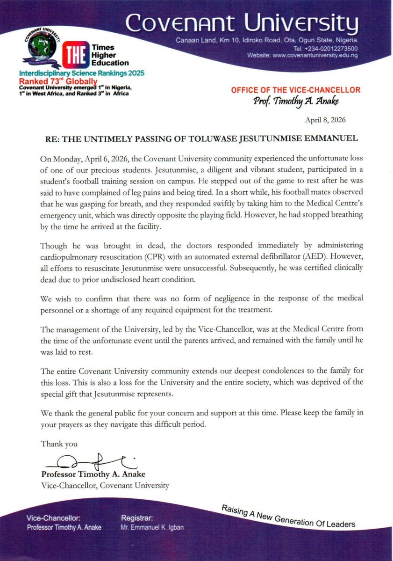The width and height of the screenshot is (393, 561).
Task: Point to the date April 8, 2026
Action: point(327,120)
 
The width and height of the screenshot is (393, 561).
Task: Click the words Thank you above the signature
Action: point(59,444)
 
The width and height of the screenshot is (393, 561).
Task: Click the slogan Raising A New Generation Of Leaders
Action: point(288,516)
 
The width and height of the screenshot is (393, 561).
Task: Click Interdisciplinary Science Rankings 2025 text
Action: point(82,74)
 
